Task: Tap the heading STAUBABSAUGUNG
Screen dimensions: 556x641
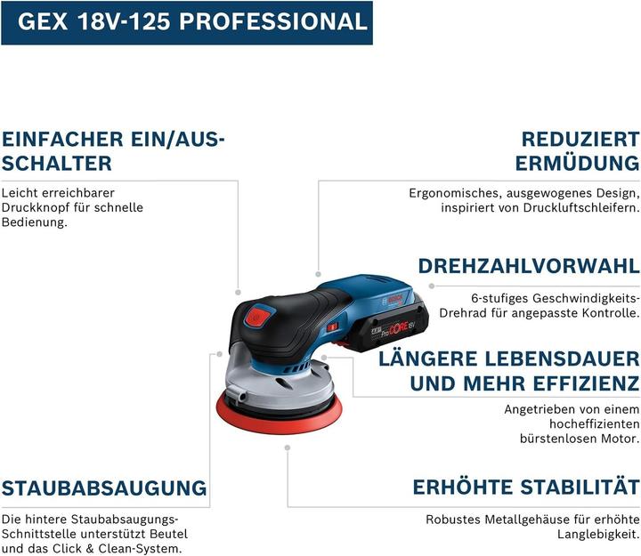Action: tap(104, 488)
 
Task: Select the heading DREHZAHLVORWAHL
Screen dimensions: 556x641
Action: tap(529, 266)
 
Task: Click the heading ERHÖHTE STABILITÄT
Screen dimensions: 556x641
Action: tap(525, 488)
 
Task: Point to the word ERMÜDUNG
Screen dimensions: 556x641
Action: tap(577, 164)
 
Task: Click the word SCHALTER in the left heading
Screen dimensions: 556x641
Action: tap(57, 164)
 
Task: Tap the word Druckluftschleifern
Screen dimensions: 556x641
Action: tap(580, 208)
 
